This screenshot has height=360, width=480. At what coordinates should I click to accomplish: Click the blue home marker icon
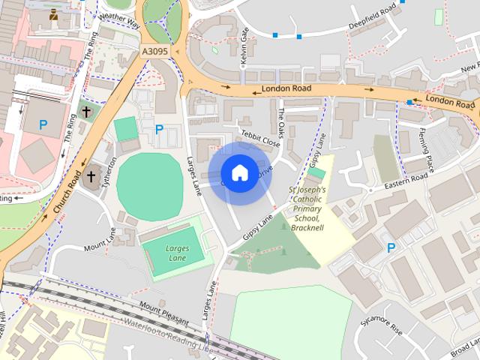[x=239, y=173]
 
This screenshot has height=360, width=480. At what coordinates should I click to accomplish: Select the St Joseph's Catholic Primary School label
[x=307, y=208]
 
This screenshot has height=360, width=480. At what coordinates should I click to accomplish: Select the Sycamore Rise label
[x=381, y=328]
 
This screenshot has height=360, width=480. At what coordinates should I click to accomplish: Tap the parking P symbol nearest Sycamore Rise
[x=390, y=247]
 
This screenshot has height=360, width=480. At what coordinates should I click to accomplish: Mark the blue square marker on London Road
[x=409, y=101]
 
